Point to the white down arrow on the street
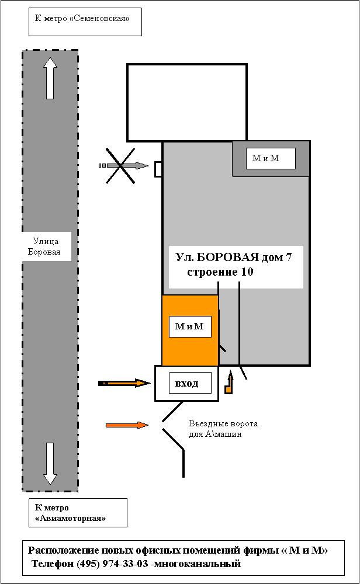[50, 463]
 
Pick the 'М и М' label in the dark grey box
[265, 158]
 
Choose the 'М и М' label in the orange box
[189, 326]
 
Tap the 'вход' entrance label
[186, 383]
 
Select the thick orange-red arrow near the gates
[126, 425]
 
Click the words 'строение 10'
[220, 272]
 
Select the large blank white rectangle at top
[186, 103]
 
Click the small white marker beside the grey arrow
[158, 169]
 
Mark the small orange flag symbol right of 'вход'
[229, 385]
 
